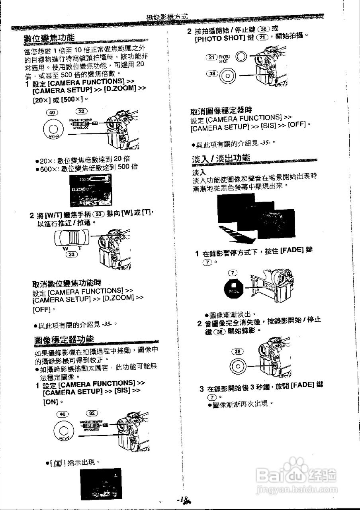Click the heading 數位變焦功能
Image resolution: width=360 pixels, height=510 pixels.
pos(49,38)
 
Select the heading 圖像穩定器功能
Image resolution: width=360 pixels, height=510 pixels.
pos(64,339)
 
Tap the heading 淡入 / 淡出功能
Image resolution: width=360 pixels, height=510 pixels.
pos(221,158)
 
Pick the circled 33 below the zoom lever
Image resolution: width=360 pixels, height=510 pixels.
pos(72,254)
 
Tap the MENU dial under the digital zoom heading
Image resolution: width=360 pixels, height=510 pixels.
pos(53,130)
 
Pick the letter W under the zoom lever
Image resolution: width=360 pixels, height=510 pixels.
pos(65,248)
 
